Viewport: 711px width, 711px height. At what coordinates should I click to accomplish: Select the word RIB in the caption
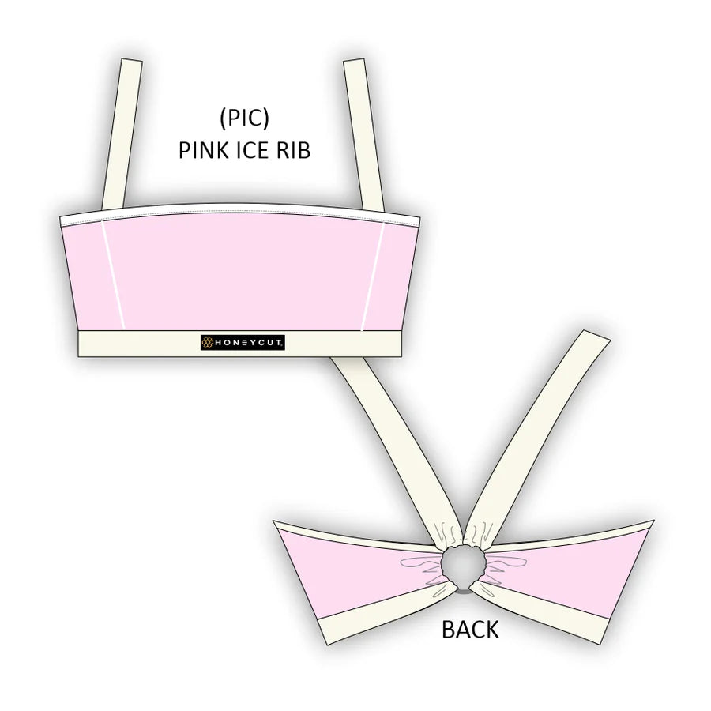293,150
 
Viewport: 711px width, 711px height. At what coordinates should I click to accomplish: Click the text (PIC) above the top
244,118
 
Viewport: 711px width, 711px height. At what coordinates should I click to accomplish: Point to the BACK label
470,630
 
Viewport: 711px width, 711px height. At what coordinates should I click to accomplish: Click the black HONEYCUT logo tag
243,343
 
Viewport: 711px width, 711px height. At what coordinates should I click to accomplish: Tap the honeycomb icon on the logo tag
208,343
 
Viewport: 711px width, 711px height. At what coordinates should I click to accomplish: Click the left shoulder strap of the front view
122,134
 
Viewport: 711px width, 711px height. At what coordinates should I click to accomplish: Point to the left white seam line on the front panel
113,275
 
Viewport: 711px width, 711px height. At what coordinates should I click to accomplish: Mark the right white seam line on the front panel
373,276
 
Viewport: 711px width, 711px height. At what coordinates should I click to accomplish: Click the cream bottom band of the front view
240,344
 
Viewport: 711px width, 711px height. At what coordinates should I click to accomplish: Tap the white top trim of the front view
240,214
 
